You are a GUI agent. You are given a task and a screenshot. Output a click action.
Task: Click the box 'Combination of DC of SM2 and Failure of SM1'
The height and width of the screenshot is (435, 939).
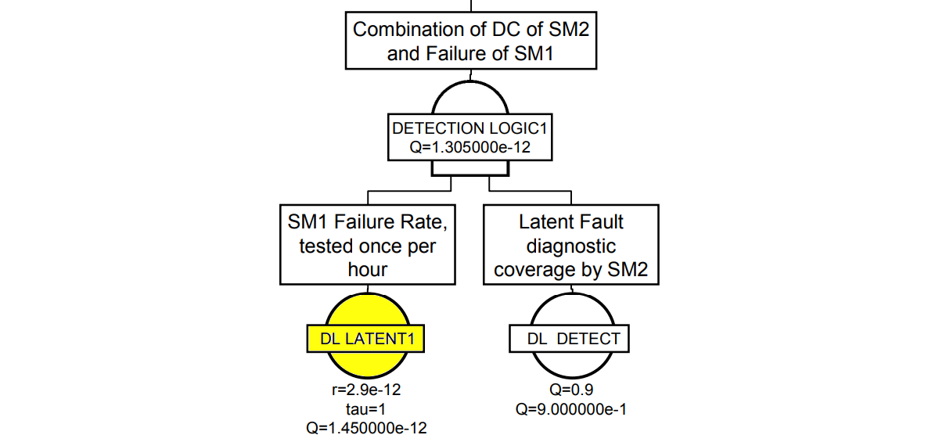point(469,42)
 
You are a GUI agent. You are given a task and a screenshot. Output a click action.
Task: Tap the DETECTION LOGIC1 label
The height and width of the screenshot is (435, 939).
point(466,128)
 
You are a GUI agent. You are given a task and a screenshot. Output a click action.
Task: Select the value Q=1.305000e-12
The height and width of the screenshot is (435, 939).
point(466,146)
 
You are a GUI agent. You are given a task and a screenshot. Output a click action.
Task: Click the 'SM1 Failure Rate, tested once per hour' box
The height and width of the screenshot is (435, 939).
point(367,245)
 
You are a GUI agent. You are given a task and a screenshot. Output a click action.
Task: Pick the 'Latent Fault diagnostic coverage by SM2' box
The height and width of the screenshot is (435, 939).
point(570,245)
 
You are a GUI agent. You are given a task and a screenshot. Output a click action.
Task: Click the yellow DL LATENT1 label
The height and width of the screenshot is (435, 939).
point(367,339)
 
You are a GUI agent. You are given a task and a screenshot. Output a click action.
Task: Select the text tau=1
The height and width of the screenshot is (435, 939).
point(367,408)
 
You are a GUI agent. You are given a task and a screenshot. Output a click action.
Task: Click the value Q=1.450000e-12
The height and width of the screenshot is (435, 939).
point(367,426)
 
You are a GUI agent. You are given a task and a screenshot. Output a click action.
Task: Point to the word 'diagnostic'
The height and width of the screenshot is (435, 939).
point(570,246)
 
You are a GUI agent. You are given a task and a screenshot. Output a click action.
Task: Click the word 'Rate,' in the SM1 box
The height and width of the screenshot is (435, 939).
point(422,221)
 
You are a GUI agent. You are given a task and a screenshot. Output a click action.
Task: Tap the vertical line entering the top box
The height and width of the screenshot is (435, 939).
point(469,5)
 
